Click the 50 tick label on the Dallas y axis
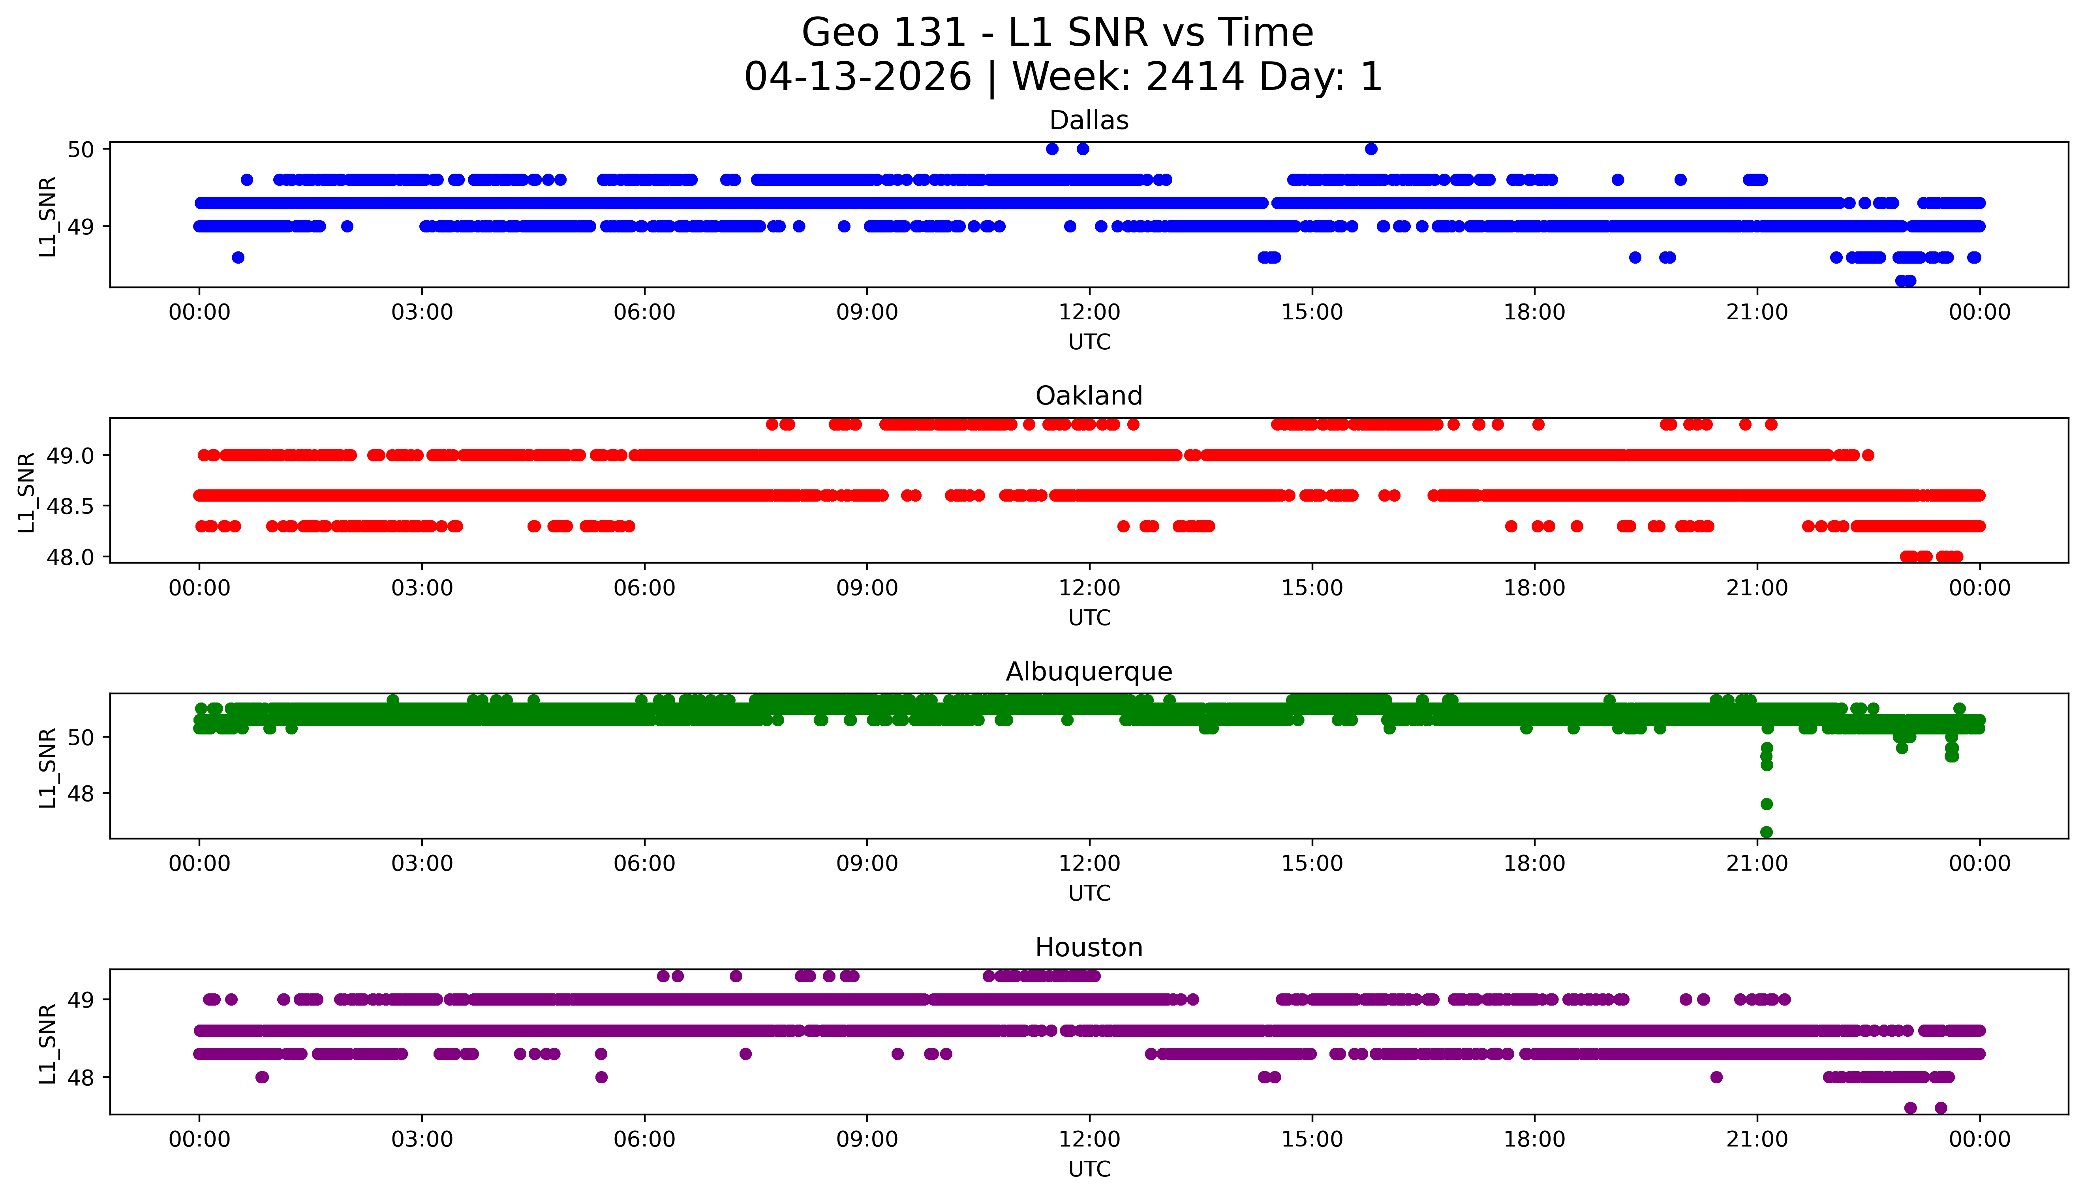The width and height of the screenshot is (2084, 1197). tap(81, 150)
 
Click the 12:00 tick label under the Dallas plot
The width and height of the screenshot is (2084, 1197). tap(1089, 313)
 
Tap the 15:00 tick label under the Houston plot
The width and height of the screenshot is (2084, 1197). tap(1312, 1139)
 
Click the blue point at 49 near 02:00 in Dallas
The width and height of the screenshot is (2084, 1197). tap(347, 226)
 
